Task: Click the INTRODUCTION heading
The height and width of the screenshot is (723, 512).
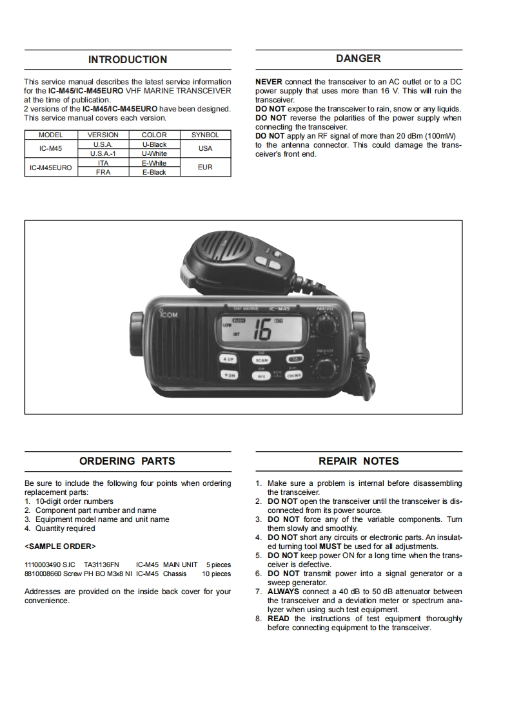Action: [128, 60]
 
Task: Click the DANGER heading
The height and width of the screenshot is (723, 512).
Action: [359, 59]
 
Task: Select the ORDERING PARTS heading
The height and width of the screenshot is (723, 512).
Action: [127, 461]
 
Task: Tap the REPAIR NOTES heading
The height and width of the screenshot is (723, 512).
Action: [359, 461]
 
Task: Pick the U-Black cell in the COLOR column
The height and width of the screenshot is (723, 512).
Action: [154, 145]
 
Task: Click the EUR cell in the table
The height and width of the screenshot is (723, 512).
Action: [205, 168]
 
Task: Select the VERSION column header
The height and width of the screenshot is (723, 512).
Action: [103, 135]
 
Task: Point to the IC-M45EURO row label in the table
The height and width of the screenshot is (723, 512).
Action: [51, 168]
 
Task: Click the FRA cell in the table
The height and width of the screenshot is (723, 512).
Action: [103, 173]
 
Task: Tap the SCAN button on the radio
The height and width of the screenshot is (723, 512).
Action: [262, 360]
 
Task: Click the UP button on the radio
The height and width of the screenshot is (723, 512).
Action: [229, 359]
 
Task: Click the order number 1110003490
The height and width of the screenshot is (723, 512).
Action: [43, 564]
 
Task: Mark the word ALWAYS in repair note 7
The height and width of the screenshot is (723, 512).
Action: [283, 592]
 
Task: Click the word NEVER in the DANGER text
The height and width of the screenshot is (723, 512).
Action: [268, 82]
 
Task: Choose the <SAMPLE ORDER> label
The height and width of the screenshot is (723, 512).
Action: [60, 546]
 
